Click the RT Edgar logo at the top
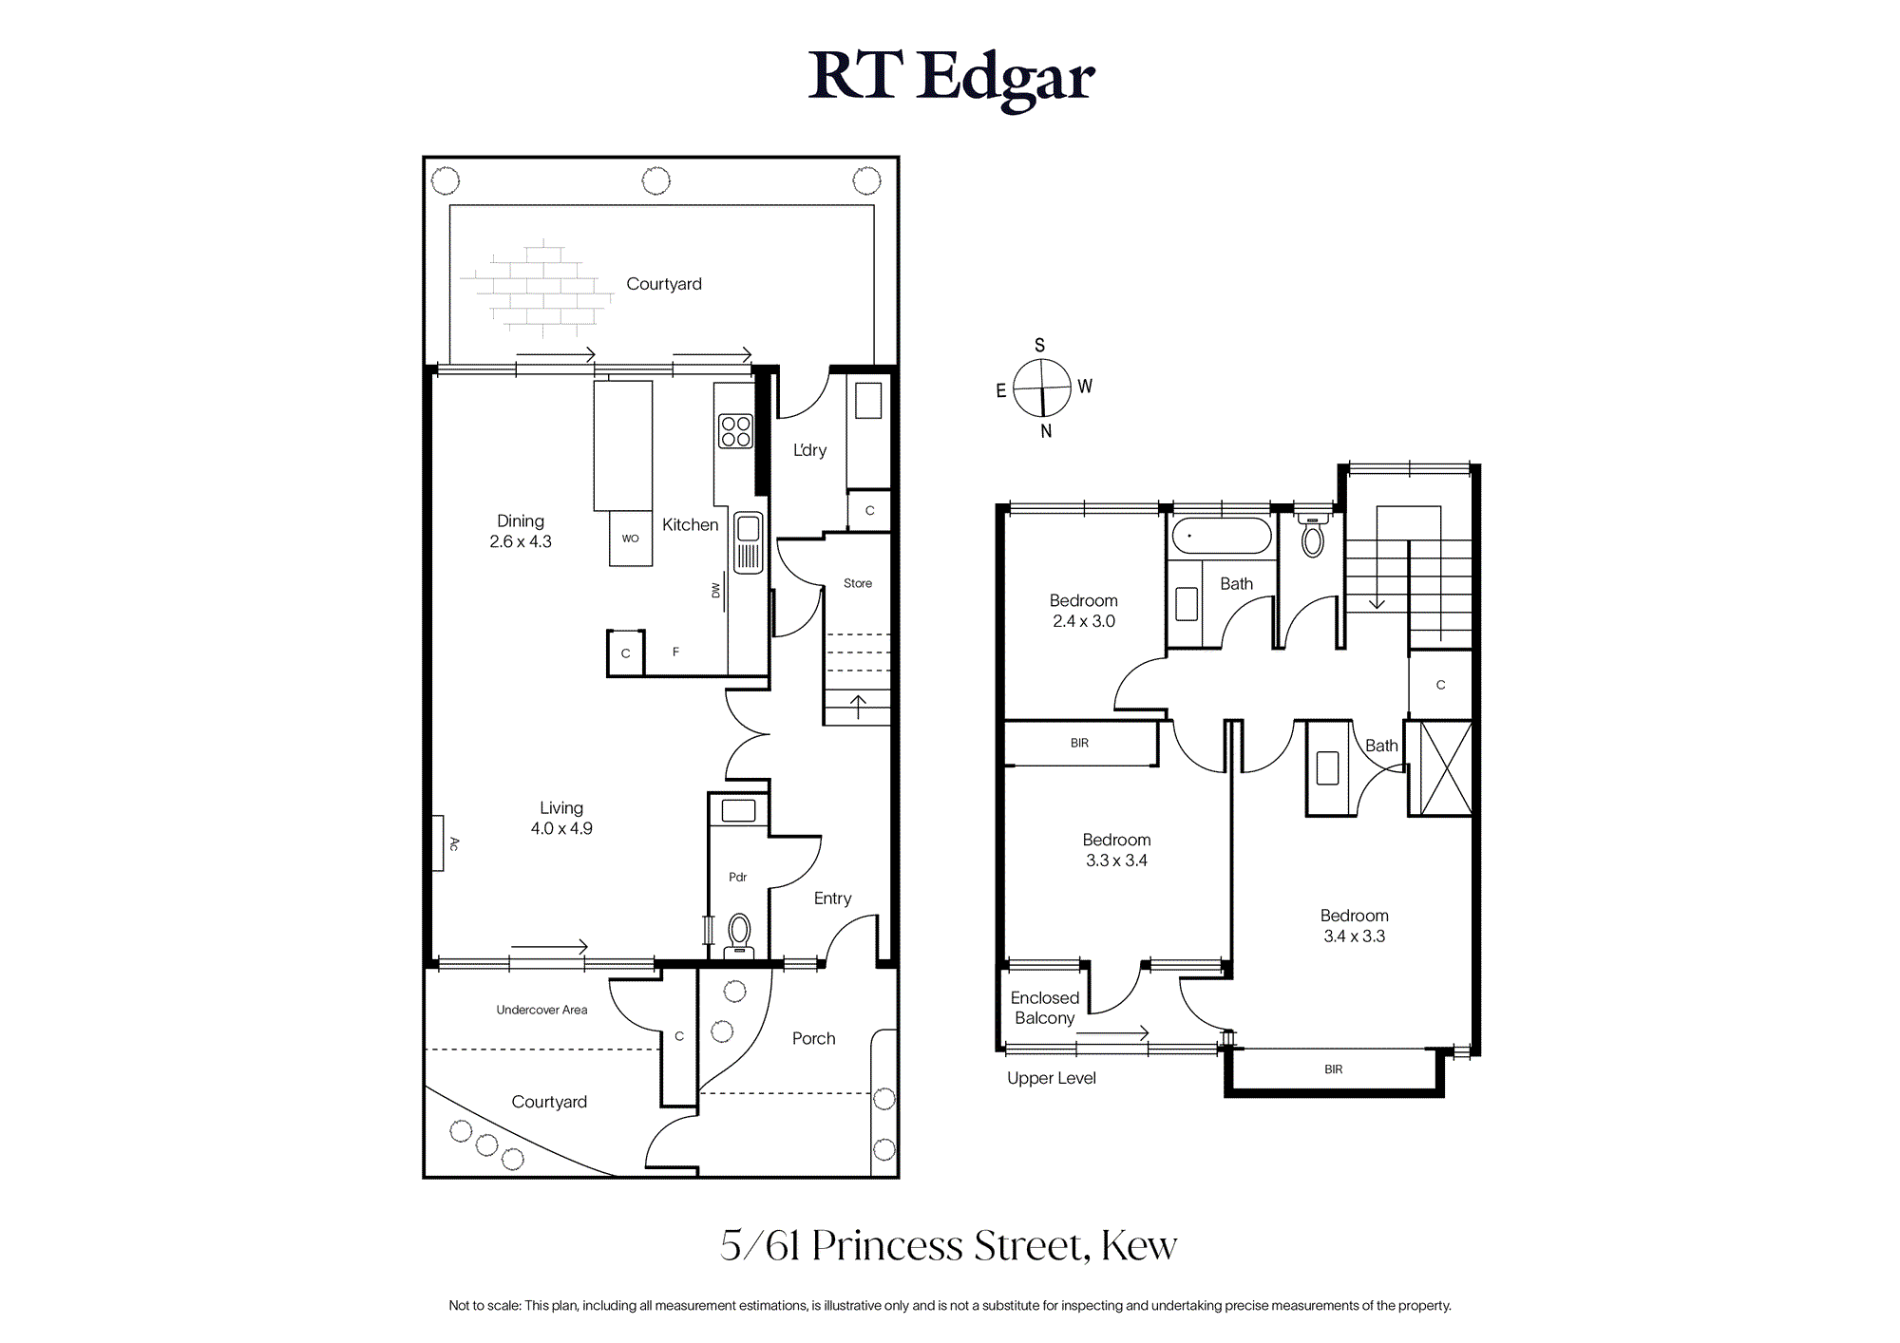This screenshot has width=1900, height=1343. click(x=951, y=77)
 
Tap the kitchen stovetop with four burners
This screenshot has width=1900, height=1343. click(x=735, y=431)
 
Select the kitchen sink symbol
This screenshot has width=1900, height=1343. click(x=749, y=542)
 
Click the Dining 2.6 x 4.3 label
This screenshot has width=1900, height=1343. click(x=521, y=531)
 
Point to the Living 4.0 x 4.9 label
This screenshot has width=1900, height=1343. click(x=561, y=818)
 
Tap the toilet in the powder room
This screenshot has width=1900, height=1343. click(x=739, y=934)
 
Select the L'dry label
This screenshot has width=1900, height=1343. click(x=810, y=450)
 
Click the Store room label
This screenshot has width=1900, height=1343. click(x=858, y=583)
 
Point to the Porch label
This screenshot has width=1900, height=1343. click(x=814, y=1038)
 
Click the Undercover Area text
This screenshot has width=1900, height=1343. click(x=541, y=1010)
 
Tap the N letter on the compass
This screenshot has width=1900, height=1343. click(x=1046, y=431)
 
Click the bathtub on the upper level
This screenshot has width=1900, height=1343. click(x=1222, y=536)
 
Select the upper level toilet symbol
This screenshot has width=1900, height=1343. click(x=1313, y=536)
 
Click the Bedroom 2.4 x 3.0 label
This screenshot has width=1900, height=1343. click(x=1084, y=611)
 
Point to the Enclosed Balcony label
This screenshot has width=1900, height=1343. click(x=1045, y=1008)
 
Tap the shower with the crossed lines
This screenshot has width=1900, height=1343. click(x=1440, y=768)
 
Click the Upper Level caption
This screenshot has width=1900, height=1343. click(x=1052, y=1078)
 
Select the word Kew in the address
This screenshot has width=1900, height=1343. click(x=1139, y=1245)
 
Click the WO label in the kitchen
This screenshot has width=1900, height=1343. click(x=631, y=539)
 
